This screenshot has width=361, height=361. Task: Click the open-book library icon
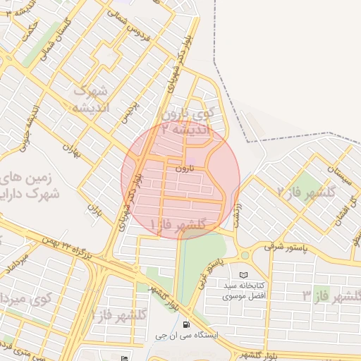tap(244, 274)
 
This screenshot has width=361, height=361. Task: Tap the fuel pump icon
tap(185, 325)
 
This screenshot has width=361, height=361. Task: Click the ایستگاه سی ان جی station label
tap(186, 336)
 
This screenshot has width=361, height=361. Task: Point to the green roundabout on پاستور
tap(245, 255)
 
